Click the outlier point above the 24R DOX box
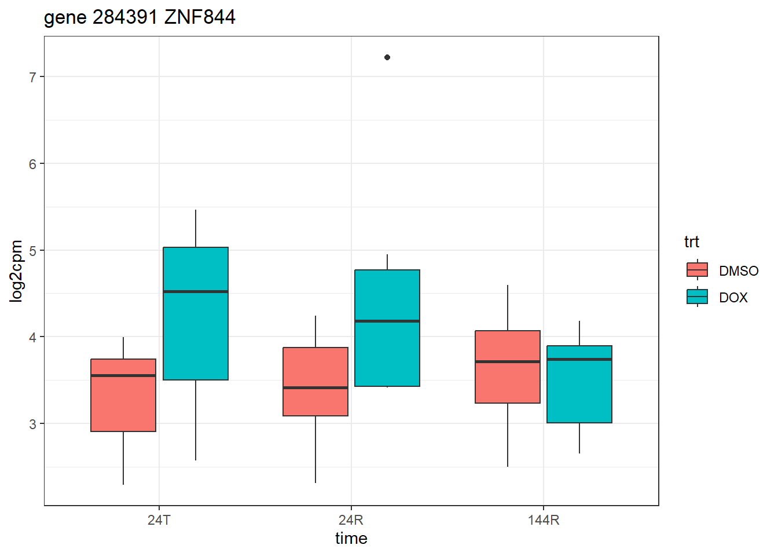point(387,57)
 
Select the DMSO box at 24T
point(123,396)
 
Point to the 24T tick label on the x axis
point(159,520)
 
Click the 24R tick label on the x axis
point(351,520)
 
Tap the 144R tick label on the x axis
point(544,520)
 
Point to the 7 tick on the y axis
point(33,77)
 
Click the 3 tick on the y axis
point(33,424)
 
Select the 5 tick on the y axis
point(33,251)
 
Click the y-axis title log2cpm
point(17,271)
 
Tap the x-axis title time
point(351,539)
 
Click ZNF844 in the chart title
point(200,17)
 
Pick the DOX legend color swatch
point(697,297)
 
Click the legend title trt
point(692,242)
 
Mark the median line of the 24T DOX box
point(196,291)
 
